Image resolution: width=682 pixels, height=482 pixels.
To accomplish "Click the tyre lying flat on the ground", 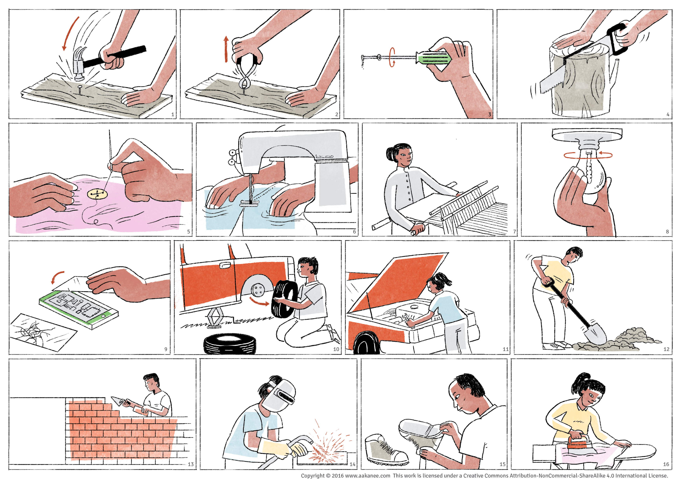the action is click(x=229, y=344).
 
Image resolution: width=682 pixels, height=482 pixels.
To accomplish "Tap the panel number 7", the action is click(x=514, y=231).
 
